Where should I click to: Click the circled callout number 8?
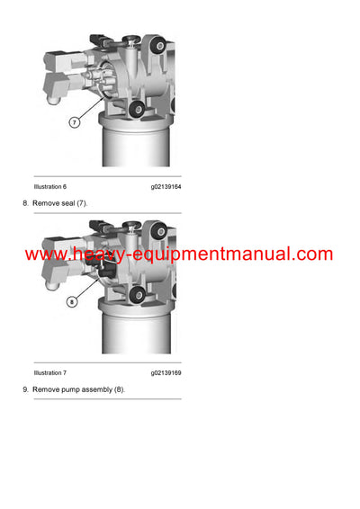click(72, 302)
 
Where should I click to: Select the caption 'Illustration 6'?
click(50, 186)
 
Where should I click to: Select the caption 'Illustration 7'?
click(50, 372)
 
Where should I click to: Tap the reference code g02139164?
click(166, 186)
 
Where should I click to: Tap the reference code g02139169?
click(166, 372)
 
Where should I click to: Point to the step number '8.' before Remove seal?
click(26, 204)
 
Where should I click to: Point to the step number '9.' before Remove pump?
click(26, 389)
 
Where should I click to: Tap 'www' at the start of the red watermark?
click(42, 254)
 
